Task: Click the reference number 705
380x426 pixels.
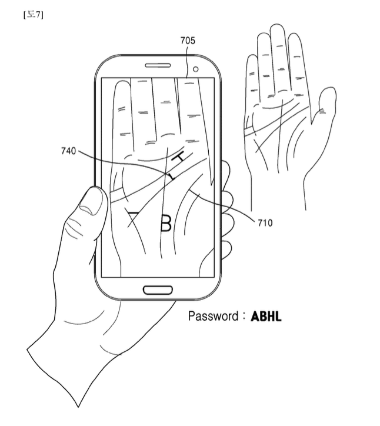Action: pyautogui.click(x=188, y=41)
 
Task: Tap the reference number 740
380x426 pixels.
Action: pyautogui.click(x=68, y=151)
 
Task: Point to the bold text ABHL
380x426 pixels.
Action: pyautogui.click(x=266, y=317)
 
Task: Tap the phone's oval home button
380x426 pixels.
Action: pyautogui.click(x=158, y=289)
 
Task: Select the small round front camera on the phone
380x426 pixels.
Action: pyautogui.click(x=195, y=69)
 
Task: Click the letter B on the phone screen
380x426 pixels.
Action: pyautogui.click(x=166, y=224)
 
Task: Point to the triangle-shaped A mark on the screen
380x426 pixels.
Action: pyautogui.click(x=135, y=219)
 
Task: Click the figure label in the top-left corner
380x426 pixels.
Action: pyautogui.click(x=34, y=15)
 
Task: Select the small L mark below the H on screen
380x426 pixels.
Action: pyautogui.click(x=171, y=176)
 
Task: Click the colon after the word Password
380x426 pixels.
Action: pyautogui.click(x=243, y=316)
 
